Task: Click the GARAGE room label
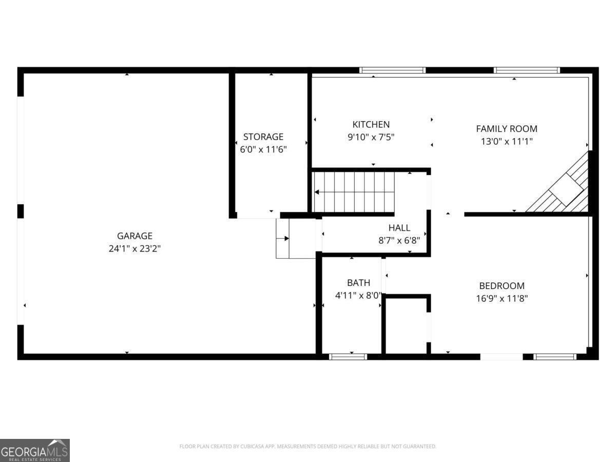tap(134, 236)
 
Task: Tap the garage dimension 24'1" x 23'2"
tap(134, 249)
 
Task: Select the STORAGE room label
tap(263, 137)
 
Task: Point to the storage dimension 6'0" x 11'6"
tap(263, 150)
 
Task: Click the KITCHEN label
tap(371, 124)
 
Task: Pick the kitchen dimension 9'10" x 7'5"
tap(371, 137)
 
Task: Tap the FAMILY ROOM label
tap(506, 129)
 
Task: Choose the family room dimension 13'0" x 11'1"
tap(506, 142)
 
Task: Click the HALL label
tap(399, 228)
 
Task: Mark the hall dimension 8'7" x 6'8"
tap(399, 240)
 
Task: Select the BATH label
tap(358, 282)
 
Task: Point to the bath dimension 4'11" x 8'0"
tap(358, 295)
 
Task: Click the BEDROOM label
tap(502, 286)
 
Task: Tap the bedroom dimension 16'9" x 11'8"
tap(502, 298)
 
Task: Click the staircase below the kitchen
tap(354, 192)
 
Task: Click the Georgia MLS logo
tap(34, 450)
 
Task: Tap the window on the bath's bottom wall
tap(348, 356)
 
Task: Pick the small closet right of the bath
tap(406, 325)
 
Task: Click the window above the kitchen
tap(392, 70)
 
